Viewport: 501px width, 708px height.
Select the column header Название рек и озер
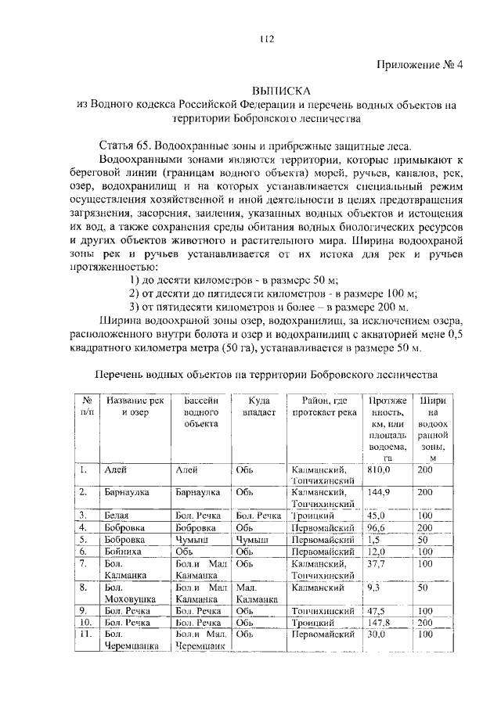tap(135, 406)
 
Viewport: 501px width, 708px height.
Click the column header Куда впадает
tap(258, 406)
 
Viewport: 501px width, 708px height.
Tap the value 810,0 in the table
tap(379, 469)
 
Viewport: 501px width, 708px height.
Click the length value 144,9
tap(379, 494)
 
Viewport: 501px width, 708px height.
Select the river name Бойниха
tap(122, 551)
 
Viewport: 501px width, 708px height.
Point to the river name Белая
tap(117, 516)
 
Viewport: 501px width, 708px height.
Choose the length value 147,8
tap(379, 622)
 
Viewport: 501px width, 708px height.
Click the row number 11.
tap(86, 634)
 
